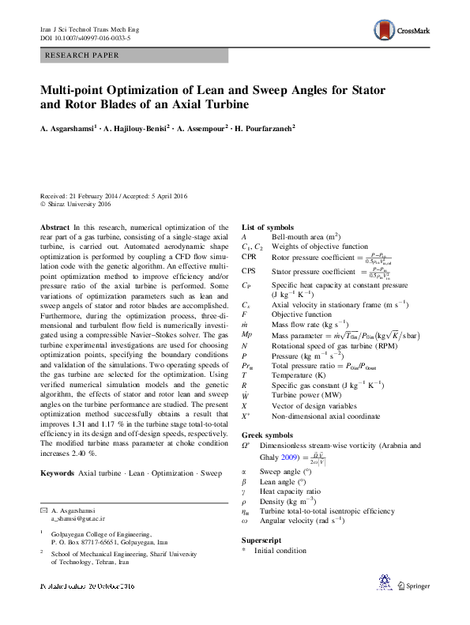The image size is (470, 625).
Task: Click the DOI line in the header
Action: click(85, 37)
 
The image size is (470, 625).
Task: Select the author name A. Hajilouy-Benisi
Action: click(134, 127)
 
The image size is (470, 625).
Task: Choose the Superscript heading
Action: click(261, 540)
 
